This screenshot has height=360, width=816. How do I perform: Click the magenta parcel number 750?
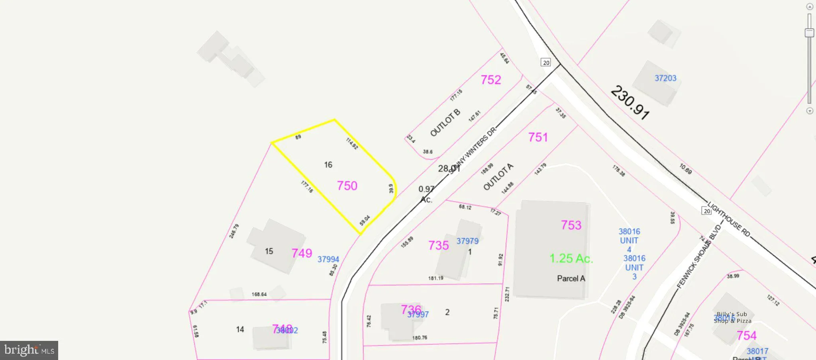[x=347, y=186]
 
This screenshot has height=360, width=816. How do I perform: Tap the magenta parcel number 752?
[x=490, y=80]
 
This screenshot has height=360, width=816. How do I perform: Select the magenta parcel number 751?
[x=538, y=138]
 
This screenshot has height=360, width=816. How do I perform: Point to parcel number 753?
[x=571, y=225]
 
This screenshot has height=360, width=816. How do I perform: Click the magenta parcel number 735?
[x=438, y=246]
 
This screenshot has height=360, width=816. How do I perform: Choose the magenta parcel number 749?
[x=302, y=253]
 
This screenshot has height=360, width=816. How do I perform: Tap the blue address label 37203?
[x=665, y=78]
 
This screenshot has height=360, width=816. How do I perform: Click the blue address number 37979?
[x=467, y=241]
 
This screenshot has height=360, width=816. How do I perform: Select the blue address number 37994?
[x=328, y=260]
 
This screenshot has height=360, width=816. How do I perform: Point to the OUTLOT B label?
[x=445, y=122]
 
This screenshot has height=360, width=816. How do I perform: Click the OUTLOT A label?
[x=498, y=177]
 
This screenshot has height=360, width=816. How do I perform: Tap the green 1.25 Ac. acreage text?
[x=571, y=259]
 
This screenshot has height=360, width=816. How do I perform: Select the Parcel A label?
[x=571, y=279]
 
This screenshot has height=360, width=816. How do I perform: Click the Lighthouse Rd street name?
[x=729, y=219]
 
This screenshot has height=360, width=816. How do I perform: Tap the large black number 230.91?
[x=630, y=102]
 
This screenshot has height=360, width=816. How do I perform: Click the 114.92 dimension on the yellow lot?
[x=352, y=144]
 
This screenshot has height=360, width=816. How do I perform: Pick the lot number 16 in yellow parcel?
[x=328, y=165]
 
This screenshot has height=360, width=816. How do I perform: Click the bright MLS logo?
[x=29, y=350]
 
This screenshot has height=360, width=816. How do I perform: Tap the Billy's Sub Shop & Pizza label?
[x=732, y=317]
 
